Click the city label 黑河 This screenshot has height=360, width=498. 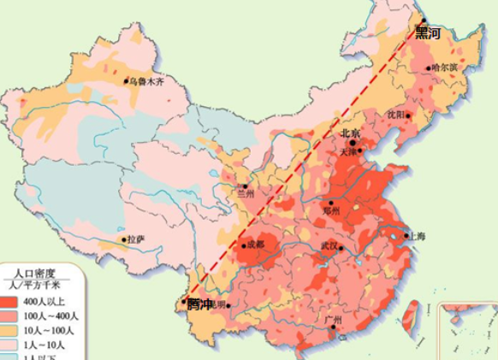point(428,34)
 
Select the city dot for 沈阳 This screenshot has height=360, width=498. point(408,116)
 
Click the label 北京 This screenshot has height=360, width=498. point(351,133)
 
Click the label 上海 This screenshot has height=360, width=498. point(417,236)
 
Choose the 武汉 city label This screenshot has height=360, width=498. point(329,247)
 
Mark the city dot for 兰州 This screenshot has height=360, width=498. point(245,186)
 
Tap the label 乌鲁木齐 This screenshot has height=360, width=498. point(145,82)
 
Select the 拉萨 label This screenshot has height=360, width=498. point(135,240)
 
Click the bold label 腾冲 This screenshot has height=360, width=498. point(199,304)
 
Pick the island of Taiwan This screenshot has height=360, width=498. point(411,312)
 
